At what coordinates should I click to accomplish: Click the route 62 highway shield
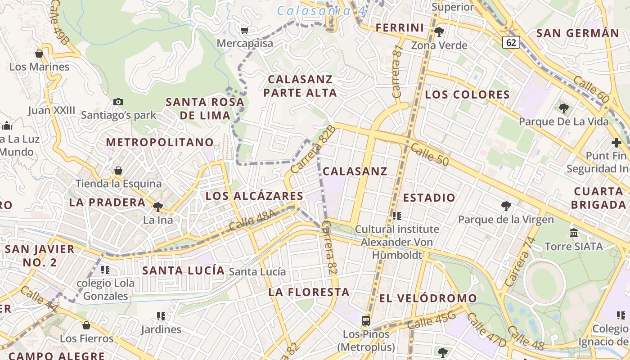click(511, 42)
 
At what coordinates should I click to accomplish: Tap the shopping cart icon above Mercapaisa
click(244, 30)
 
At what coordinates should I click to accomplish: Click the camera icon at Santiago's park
click(118, 102)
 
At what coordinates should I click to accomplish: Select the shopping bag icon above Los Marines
click(39, 54)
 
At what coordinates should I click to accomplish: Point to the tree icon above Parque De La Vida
click(563, 108)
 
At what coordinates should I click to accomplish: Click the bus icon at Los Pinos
click(366, 321)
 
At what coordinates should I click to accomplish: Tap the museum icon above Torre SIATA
click(574, 233)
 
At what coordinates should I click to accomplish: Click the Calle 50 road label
click(430, 153)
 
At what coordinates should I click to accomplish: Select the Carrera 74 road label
click(517, 268)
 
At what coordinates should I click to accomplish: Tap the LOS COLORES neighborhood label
click(467, 94)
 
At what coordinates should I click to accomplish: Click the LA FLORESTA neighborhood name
click(309, 292)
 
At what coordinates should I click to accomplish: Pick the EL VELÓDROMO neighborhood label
click(428, 298)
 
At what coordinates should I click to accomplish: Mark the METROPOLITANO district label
click(160, 142)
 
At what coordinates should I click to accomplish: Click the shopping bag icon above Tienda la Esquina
click(118, 171)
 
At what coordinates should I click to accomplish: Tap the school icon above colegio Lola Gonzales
click(105, 270)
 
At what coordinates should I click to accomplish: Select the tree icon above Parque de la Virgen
click(506, 206)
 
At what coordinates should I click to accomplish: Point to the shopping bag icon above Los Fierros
click(86, 325)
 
